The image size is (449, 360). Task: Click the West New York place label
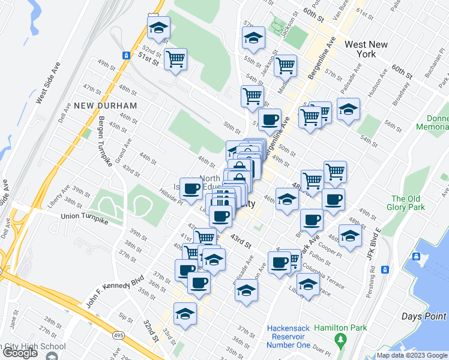point(369,49)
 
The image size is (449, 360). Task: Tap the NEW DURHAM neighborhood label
point(106,106)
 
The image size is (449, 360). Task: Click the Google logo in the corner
point(20,353)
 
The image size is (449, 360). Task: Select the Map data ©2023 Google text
point(411,355)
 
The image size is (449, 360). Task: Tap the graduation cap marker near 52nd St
point(158,28)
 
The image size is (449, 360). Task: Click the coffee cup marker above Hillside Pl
point(191,188)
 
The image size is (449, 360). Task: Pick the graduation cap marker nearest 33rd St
point(185,313)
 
